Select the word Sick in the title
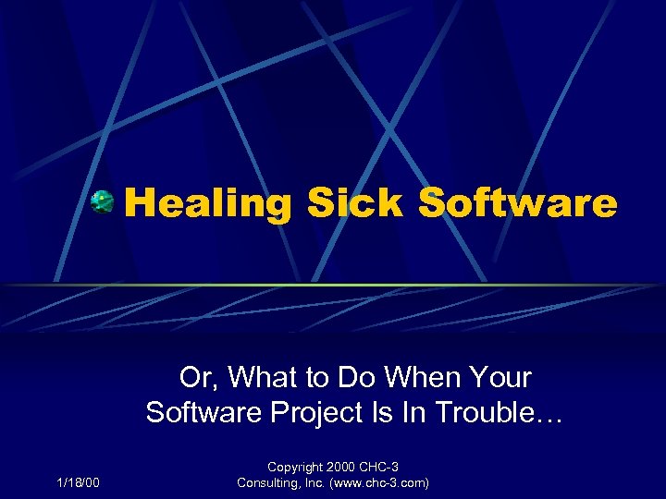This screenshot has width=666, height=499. pos(356,203)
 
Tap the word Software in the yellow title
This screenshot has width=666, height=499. pos(517,203)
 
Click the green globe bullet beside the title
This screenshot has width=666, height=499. pos(103,201)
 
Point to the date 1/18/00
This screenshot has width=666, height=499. pos(79,481)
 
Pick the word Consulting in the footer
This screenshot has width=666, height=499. pos(267,481)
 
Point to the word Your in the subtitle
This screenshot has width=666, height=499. pos(500,377)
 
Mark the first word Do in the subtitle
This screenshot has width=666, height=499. pos(361,377)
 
